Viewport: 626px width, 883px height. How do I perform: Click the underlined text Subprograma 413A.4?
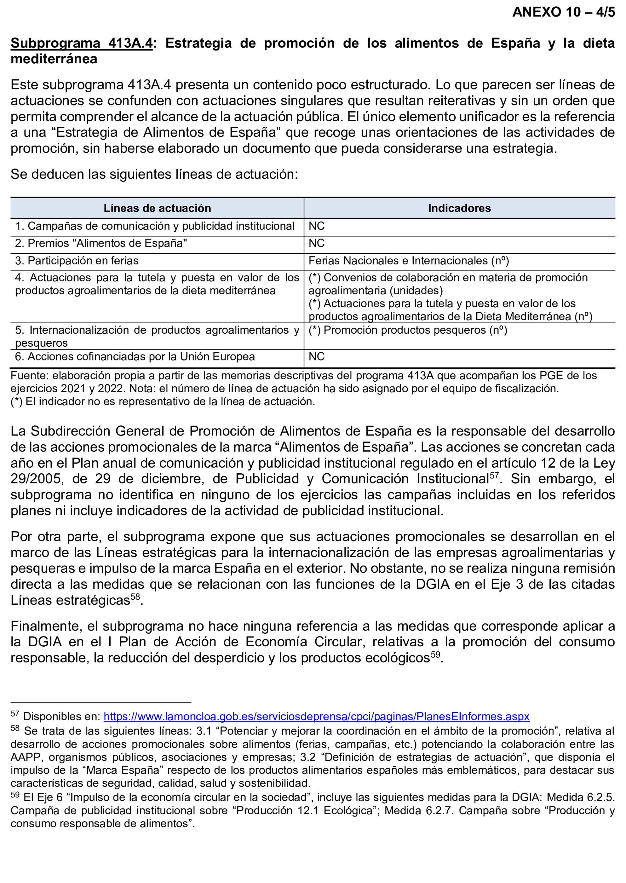tap(81, 43)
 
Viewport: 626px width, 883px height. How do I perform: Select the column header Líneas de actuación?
tap(157, 208)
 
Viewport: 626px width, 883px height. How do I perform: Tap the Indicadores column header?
tap(459, 208)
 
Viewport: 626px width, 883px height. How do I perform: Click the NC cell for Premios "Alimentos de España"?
tap(316, 243)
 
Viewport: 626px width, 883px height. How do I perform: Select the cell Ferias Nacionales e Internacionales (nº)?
tap(408, 261)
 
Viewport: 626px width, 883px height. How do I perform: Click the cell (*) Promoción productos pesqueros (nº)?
tap(407, 330)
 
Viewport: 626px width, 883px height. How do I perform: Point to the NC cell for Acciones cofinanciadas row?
tap(316, 357)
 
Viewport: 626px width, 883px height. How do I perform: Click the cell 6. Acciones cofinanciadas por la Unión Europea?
tap(135, 357)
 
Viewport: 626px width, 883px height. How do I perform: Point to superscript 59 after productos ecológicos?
tap(435, 655)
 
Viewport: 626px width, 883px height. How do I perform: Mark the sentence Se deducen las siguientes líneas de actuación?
tap(154, 174)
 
